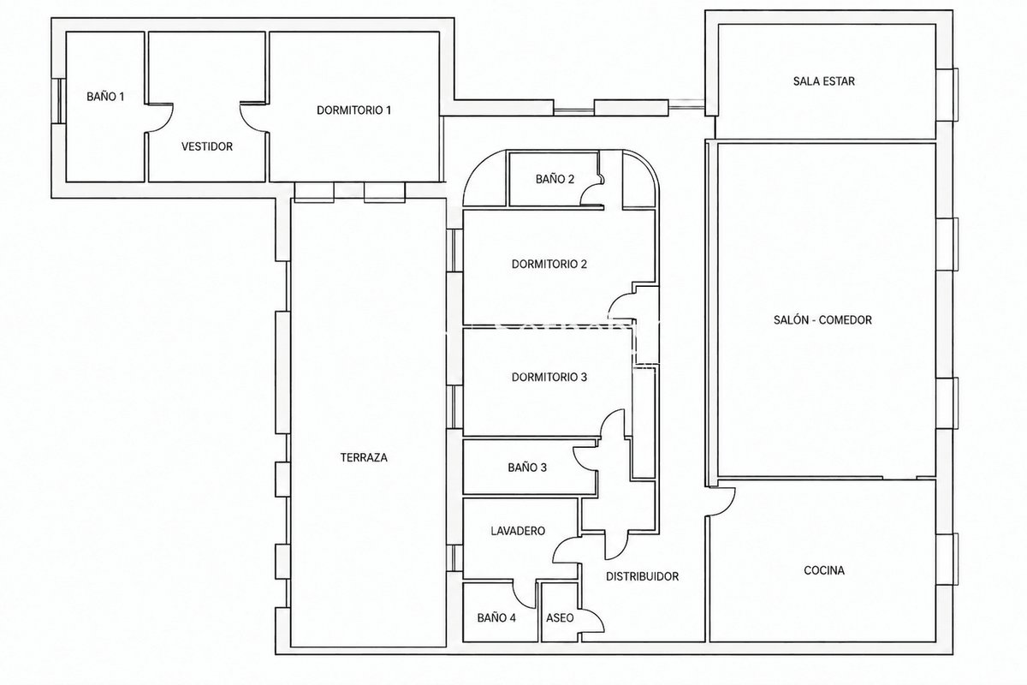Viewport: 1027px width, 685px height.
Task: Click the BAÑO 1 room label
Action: point(105,97)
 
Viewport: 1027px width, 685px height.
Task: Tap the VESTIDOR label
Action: point(207,146)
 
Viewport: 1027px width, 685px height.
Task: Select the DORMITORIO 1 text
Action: point(354,110)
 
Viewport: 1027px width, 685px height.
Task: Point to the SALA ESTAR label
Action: point(824,81)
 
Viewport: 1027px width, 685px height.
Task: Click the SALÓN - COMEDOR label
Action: point(822,320)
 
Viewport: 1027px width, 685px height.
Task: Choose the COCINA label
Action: point(824,570)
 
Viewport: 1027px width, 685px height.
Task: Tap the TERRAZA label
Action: point(364,457)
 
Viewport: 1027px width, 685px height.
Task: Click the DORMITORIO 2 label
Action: point(549,265)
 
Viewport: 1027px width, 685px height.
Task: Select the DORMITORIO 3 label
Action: point(549,377)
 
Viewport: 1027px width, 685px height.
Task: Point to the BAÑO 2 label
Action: point(555,179)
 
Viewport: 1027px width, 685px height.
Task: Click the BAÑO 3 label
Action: point(527,468)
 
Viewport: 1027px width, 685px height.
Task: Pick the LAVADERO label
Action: point(518,531)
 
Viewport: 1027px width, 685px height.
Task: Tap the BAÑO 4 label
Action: point(496,618)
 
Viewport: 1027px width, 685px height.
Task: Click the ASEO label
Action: point(560,618)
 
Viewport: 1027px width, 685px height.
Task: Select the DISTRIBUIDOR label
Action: point(643,577)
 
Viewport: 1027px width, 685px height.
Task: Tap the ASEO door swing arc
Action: point(597,617)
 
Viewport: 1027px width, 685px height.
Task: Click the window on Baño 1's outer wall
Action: point(59,101)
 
